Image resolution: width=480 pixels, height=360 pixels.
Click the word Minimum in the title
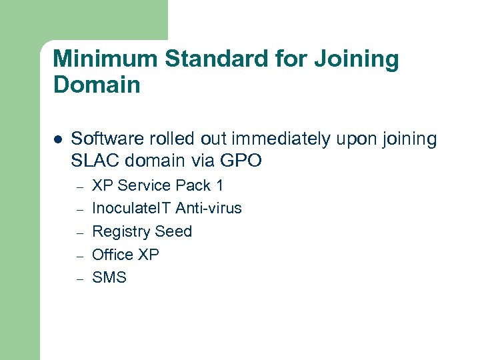coord(105,59)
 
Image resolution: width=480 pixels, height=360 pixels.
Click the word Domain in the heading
coord(97,85)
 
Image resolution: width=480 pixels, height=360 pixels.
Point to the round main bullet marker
coord(58,140)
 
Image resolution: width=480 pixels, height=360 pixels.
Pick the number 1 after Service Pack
coord(219,185)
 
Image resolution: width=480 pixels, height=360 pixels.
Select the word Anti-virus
coord(209,209)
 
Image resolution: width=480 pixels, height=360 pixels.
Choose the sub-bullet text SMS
coord(109,277)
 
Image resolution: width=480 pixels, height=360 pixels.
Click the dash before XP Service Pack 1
coord(79,187)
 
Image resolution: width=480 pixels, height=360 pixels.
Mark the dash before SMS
coord(79,279)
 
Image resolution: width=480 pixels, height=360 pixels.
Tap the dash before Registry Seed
coord(79,233)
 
